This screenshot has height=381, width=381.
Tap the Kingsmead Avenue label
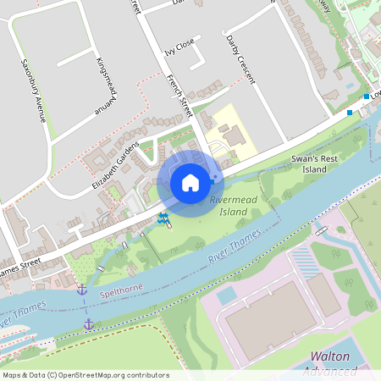tap(105, 84)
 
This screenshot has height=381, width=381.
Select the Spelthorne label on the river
tap(118, 288)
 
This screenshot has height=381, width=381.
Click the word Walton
tap(330, 356)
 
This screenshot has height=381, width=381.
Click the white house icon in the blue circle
tap(190, 182)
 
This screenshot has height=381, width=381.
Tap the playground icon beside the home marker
tap(163, 219)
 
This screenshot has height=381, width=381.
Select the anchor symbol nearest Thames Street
tap(82, 290)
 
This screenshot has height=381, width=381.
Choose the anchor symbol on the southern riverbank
tap(88, 323)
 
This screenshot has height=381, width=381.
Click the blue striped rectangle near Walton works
tap(305, 261)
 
